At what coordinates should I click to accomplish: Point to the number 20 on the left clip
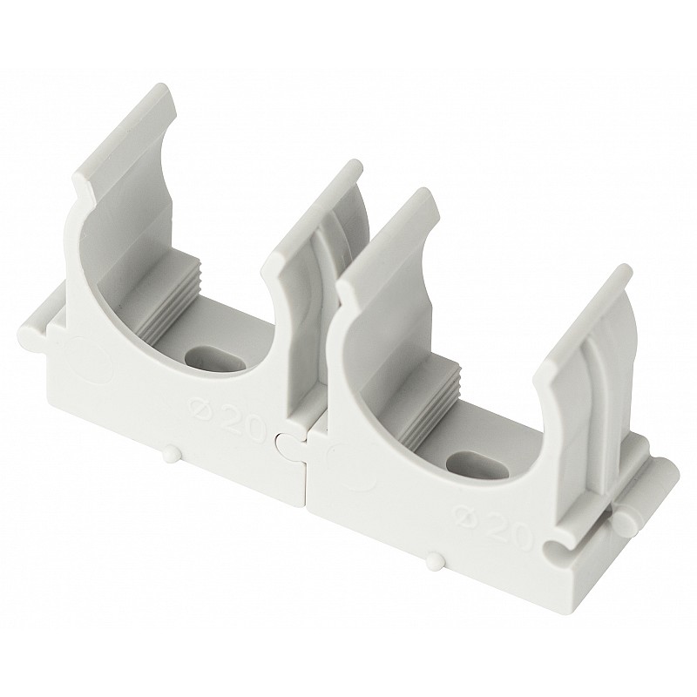pyautogui.click(x=242, y=416)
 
